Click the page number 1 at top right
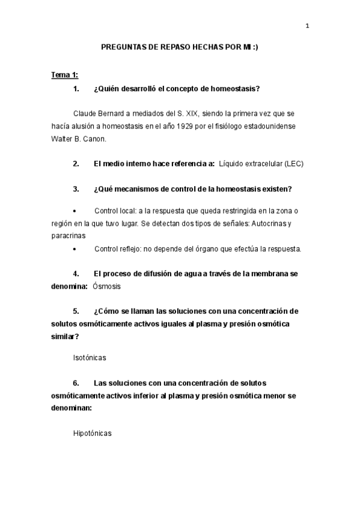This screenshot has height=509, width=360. tap(307, 26)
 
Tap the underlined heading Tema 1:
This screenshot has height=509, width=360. tap(64, 75)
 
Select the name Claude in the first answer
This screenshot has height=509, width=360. tap(85, 113)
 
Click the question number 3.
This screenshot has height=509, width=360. tap(76, 189)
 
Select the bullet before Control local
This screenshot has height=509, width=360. tap(75, 211)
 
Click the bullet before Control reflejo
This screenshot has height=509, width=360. tap(75, 248)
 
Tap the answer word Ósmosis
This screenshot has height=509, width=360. tap(107, 286)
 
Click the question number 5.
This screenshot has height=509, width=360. tap(76, 312)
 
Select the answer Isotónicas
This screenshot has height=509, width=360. tap(89, 357)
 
